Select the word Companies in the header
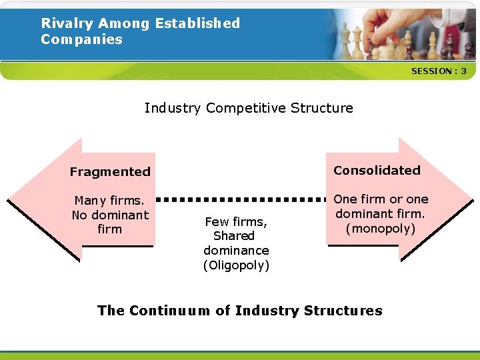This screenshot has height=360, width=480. (x=81, y=39)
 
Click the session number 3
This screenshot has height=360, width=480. (x=463, y=71)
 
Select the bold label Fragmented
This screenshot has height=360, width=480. (x=110, y=172)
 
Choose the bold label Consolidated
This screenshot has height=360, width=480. (x=377, y=171)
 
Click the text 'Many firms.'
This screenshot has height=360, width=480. (x=109, y=201)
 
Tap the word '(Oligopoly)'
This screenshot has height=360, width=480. (x=236, y=265)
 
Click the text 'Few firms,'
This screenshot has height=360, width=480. (x=236, y=221)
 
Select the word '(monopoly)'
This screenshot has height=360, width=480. (x=381, y=229)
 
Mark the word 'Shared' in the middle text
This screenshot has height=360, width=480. (x=234, y=236)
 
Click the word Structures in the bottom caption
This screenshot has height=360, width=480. (x=343, y=311)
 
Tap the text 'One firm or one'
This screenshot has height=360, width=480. (x=381, y=199)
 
